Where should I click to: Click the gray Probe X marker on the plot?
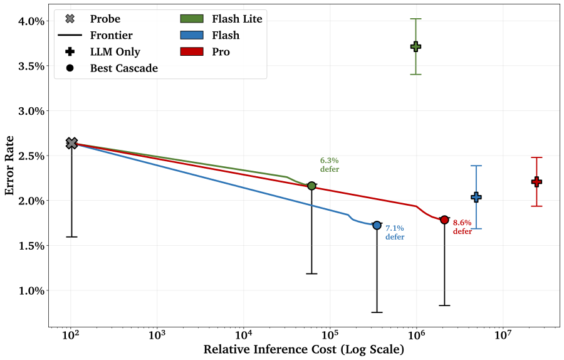[x=72, y=143]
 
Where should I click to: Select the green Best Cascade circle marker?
[x=312, y=186]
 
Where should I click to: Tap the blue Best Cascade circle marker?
[x=377, y=225]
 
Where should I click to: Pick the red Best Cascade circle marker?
[x=444, y=220]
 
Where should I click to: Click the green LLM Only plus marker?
[x=416, y=46]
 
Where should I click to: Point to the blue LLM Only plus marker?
[x=476, y=197]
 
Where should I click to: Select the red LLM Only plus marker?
[x=536, y=182]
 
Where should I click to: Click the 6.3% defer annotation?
[x=330, y=165]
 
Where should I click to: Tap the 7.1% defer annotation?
[x=395, y=233]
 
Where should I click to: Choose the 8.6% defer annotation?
[x=462, y=227]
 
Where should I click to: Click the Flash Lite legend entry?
[x=221, y=19]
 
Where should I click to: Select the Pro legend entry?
[x=205, y=52]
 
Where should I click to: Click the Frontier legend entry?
[x=95, y=35]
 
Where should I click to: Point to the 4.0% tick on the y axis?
[x=32, y=21]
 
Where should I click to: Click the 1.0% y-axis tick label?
[x=32, y=290]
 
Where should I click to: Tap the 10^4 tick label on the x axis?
[x=244, y=334]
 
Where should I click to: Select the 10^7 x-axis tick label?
[x=503, y=334]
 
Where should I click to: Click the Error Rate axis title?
[x=9, y=166]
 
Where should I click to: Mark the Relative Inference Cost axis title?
[x=304, y=349]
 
